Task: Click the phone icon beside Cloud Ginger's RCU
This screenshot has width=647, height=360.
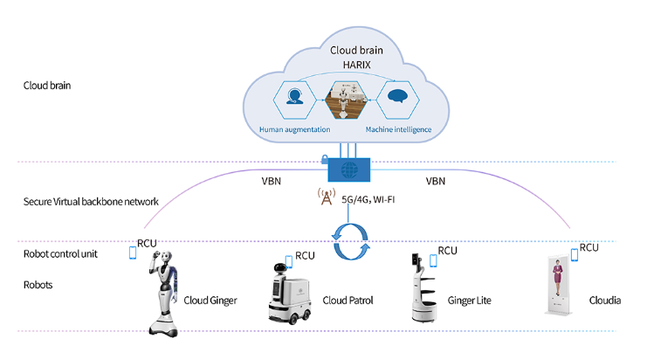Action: (x=133, y=253)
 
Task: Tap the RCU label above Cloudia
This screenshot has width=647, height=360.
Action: (x=590, y=247)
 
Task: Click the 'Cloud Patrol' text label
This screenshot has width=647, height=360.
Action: (x=349, y=301)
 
